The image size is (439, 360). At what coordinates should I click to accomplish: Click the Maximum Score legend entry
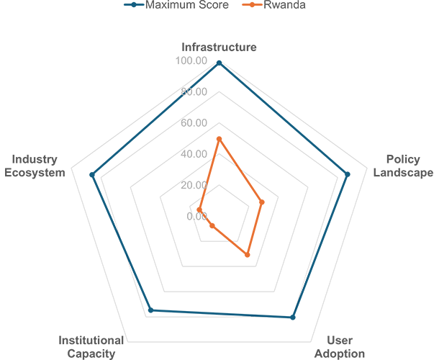click(x=176, y=5)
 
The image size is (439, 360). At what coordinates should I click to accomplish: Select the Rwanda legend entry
click(x=273, y=5)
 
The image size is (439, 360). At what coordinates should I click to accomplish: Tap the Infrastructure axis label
click(x=219, y=47)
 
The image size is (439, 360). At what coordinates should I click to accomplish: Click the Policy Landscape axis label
click(x=403, y=166)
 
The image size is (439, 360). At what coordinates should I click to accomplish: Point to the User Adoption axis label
click(x=340, y=347)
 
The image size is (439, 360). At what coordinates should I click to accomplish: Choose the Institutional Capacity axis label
click(x=91, y=347)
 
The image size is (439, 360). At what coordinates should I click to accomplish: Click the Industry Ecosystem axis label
click(x=35, y=166)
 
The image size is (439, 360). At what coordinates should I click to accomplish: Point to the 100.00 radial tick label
click(x=191, y=60)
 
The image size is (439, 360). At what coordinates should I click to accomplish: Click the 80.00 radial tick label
click(x=194, y=91)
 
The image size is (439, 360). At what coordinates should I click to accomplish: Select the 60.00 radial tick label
click(x=194, y=122)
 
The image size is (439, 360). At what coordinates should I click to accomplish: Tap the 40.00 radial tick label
click(x=194, y=154)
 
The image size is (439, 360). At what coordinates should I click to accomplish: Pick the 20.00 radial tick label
click(x=194, y=185)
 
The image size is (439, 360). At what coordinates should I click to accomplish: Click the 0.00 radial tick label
click(x=196, y=216)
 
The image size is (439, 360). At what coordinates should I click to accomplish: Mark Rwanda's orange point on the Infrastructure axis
click(x=219, y=139)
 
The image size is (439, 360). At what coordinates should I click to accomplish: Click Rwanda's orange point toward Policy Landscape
click(x=262, y=202)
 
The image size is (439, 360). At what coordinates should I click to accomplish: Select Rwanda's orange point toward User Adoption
click(x=248, y=255)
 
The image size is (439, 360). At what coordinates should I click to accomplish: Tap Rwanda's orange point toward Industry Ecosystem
click(x=199, y=210)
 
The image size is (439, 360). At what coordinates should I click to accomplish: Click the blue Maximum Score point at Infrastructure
click(x=219, y=63)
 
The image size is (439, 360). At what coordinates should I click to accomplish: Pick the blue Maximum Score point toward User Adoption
click(x=293, y=318)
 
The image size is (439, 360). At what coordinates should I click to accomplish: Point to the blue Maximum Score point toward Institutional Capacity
click(x=150, y=310)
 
